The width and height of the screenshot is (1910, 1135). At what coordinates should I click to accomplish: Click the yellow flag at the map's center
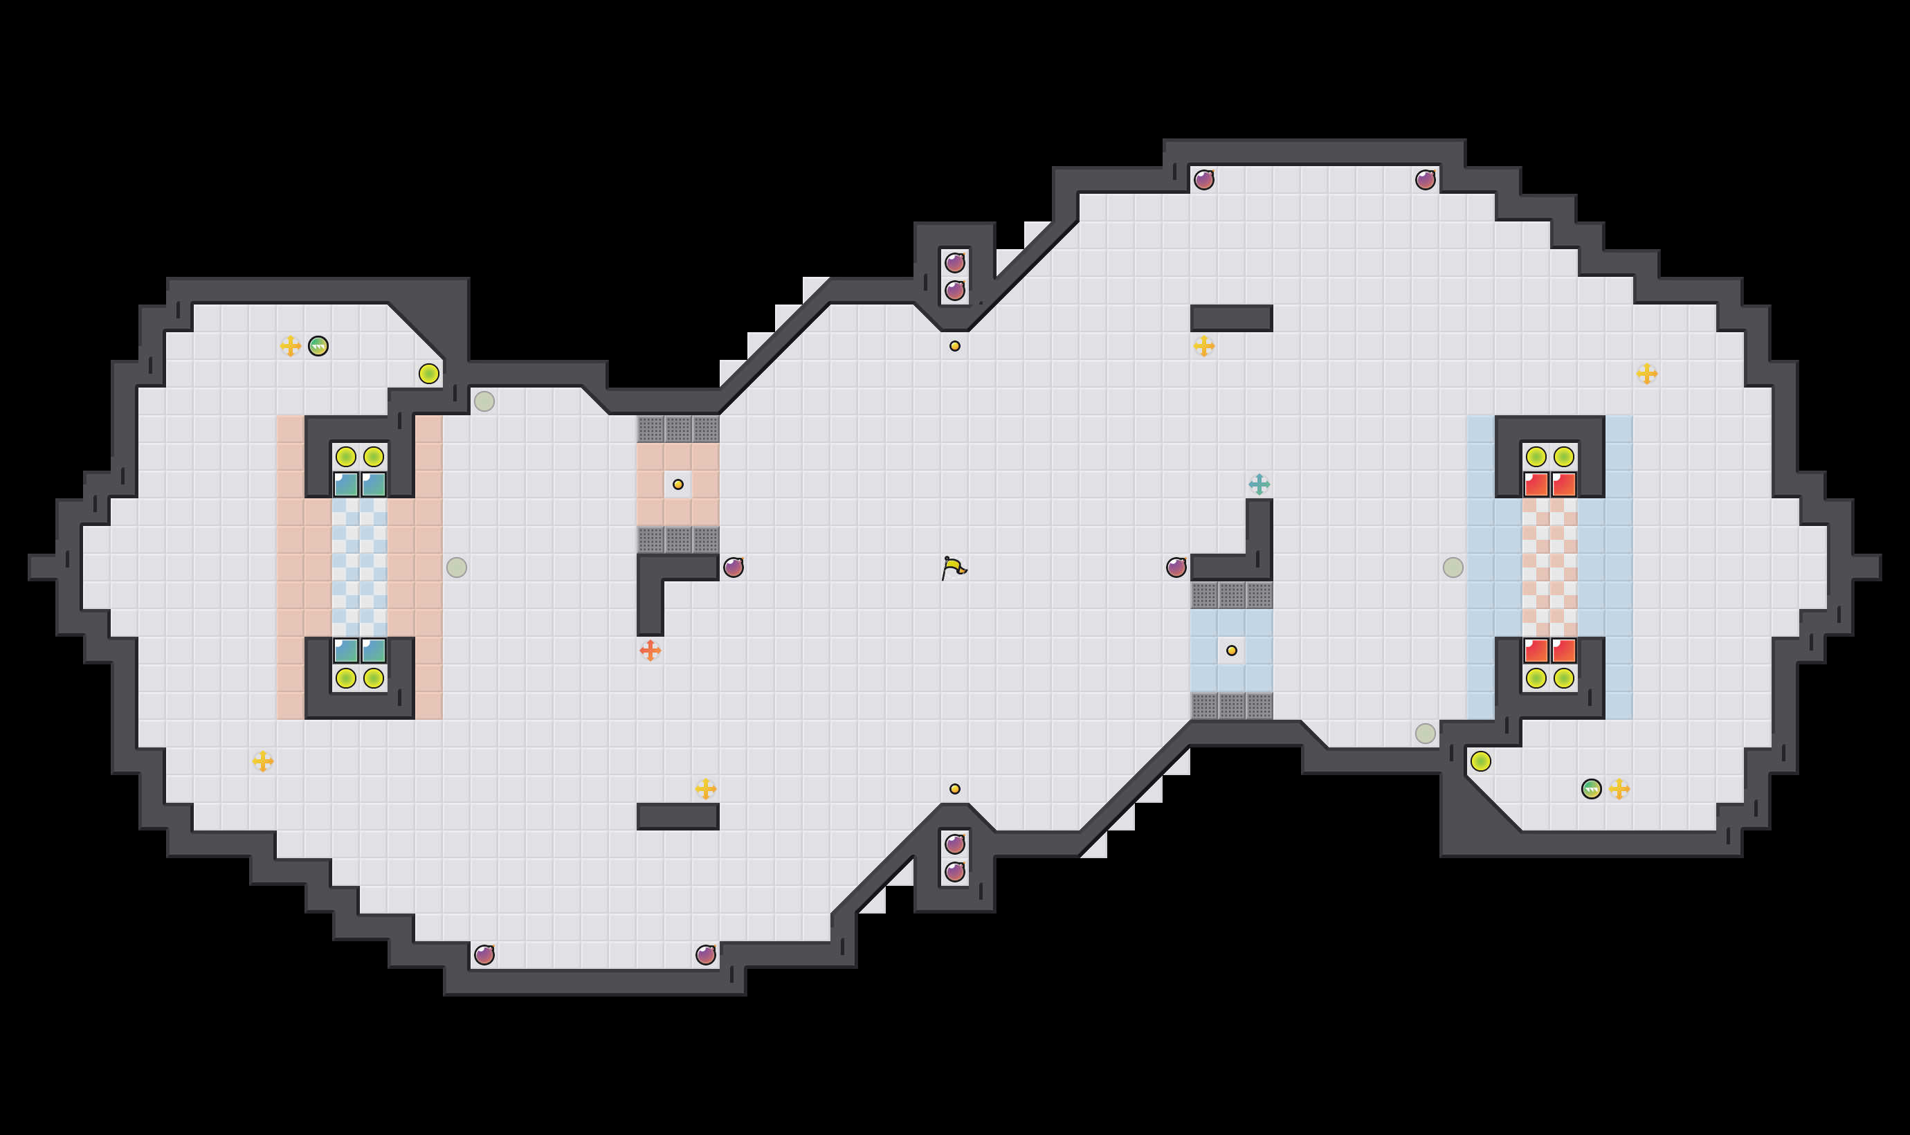(x=954, y=567)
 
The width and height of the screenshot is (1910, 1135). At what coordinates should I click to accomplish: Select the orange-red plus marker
(x=650, y=651)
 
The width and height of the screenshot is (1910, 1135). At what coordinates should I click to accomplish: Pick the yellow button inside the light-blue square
(x=1231, y=651)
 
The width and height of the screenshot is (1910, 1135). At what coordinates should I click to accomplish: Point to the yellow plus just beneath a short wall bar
(x=1203, y=347)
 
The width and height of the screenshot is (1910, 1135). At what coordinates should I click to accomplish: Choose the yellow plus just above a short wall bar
(x=705, y=788)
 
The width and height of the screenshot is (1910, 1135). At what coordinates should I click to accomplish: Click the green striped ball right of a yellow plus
(x=318, y=347)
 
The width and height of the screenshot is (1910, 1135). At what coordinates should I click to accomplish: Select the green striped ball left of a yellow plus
(x=1590, y=788)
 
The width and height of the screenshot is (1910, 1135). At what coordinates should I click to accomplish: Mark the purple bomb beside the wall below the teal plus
(x=1176, y=567)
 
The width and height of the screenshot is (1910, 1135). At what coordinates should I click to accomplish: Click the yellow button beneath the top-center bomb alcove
(x=954, y=347)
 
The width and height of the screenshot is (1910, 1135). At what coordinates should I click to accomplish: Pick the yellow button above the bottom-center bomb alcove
(x=954, y=788)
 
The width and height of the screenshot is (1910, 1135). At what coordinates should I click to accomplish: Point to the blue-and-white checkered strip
(x=359, y=567)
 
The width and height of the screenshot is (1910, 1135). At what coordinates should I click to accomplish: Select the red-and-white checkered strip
(x=1549, y=567)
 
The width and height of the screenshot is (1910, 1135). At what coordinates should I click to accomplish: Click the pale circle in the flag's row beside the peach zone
(x=457, y=567)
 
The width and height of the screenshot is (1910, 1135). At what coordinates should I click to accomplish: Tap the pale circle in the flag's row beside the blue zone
(x=1453, y=567)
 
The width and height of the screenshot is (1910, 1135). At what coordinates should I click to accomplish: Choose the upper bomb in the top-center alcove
(x=954, y=263)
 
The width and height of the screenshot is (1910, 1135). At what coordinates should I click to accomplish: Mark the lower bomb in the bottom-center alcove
(x=954, y=872)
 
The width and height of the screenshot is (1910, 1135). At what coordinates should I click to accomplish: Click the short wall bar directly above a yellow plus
(x=1231, y=318)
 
